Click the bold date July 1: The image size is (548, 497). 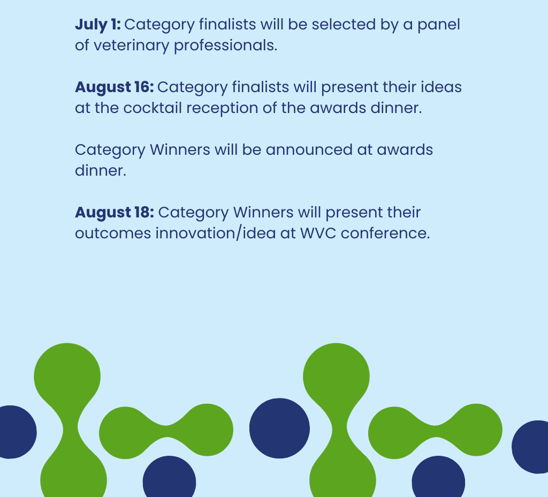point(98,25)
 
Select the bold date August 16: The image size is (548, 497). point(115,87)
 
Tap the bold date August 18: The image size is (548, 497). point(115,213)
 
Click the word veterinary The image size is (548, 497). point(132,46)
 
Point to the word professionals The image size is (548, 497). point(226,46)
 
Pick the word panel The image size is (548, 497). point(439,25)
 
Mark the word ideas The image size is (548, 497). point(441,87)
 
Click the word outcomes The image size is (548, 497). point(113,234)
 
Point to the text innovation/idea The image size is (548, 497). point(216,234)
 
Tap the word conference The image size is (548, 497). point(385,233)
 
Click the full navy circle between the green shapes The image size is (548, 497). point(279,428)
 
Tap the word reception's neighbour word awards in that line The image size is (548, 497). point(338,108)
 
